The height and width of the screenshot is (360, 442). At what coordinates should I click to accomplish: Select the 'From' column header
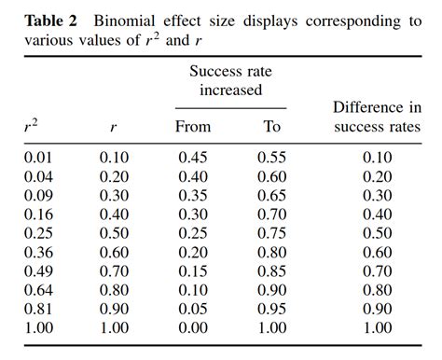tap(193, 126)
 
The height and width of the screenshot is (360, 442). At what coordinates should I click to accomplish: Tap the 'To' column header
tap(272, 126)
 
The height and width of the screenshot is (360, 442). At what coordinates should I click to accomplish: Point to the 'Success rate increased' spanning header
tap(232, 80)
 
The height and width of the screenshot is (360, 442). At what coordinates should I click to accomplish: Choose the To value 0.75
tap(272, 233)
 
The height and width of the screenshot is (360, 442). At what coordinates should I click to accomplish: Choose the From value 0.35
tap(193, 194)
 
